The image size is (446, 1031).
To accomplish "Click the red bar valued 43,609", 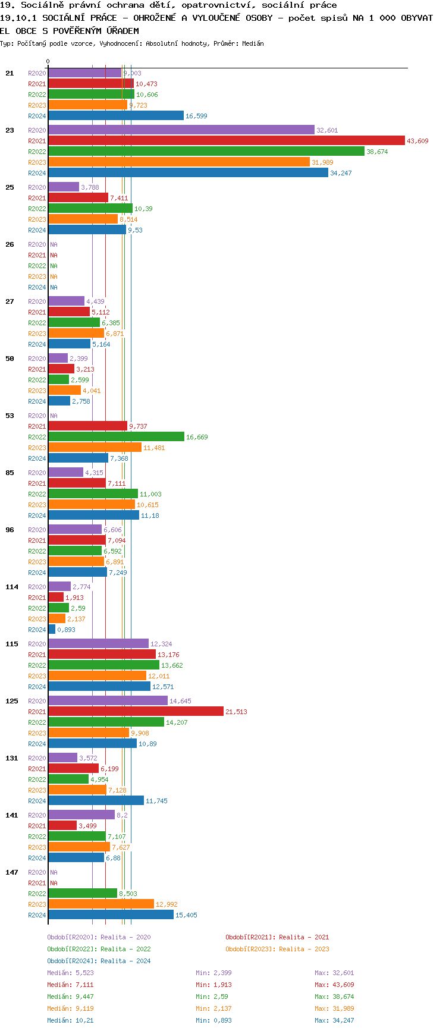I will pos(226,141).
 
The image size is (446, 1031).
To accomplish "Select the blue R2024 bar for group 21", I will pos(116,116).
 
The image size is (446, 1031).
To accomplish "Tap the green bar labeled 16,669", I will pos(116,437).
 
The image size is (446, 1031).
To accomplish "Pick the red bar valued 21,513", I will pos(136,712).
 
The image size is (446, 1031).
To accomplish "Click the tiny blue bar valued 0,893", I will pos(52,630).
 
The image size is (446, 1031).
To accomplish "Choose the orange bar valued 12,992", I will pos(101,904).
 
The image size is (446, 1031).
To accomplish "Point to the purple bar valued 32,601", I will pos(181,130).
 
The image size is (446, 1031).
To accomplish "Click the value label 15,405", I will pos(186,915).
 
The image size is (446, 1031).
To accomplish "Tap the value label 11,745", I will pos(156,801).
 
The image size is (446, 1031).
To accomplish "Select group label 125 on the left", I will pos(12,701).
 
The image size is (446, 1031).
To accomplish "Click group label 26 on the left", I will pos(10,244).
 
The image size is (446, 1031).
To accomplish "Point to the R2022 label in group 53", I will pos(37,437).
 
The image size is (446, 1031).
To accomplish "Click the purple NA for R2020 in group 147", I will pos(54,872).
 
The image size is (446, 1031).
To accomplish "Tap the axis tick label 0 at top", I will pos(48,61).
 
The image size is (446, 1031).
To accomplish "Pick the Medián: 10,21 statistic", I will pos(70,1020).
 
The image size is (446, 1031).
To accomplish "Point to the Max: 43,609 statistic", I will pos(334,985).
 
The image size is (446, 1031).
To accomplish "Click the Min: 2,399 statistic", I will pos(213,973).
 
